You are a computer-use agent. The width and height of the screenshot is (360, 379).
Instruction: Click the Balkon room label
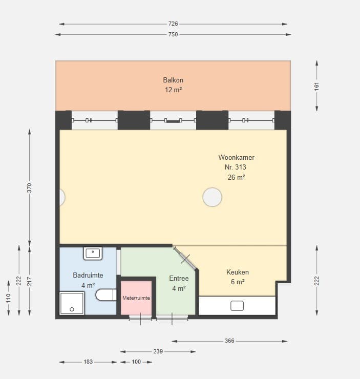click(173, 80)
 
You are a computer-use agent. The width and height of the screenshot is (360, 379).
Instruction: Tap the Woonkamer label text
click(236, 157)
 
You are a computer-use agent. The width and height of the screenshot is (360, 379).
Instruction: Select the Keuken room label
click(238, 272)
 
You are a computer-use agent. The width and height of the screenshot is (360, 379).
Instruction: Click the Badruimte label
click(88, 275)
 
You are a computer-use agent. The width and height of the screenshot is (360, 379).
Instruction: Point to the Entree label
click(179, 278)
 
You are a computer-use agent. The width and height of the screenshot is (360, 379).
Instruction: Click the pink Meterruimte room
click(136, 298)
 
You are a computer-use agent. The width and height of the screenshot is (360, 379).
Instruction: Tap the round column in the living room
click(212, 197)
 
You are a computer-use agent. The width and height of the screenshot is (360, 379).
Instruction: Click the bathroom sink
click(93, 254)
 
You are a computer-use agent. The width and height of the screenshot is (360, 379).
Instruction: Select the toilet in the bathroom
click(106, 295)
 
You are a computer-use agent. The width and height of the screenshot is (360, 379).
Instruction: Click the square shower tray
click(72, 303)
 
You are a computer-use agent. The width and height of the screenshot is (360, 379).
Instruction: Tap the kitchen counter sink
click(237, 306)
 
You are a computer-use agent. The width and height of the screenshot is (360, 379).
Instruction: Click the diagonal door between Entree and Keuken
click(185, 258)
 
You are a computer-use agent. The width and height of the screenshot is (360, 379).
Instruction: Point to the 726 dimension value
click(173, 24)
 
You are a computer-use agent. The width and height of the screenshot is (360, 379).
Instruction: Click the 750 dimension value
click(173, 34)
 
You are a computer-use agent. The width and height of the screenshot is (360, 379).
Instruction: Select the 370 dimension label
click(29, 188)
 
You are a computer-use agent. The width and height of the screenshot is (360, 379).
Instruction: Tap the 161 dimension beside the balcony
click(316, 86)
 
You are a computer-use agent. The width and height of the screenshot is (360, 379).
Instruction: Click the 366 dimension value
click(229, 341)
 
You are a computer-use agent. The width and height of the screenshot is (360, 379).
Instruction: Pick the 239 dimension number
click(158, 351)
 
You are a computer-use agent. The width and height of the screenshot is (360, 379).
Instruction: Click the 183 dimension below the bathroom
click(88, 362)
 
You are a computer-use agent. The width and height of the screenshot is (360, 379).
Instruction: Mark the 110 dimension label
click(9, 298)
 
